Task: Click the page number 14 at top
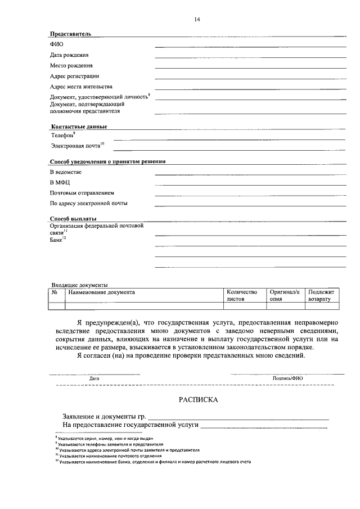(x=197, y=20)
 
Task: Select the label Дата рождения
(x=69, y=55)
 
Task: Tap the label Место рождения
(x=71, y=66)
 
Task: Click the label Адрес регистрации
(x=74, y=76)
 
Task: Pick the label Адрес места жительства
(x=81, y=87)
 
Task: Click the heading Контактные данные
(x=79, y=127)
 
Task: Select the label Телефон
(x=62, y=136)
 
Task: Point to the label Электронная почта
(x=76, y=146)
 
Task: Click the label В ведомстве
(x=66, y=172)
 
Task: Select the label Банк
(x=56, y=240)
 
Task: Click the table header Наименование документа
(x=101, y=292)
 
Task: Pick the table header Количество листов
(x=241, y=296)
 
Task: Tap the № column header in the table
(x=55, y=292)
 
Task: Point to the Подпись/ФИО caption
(x=287, y=379)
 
